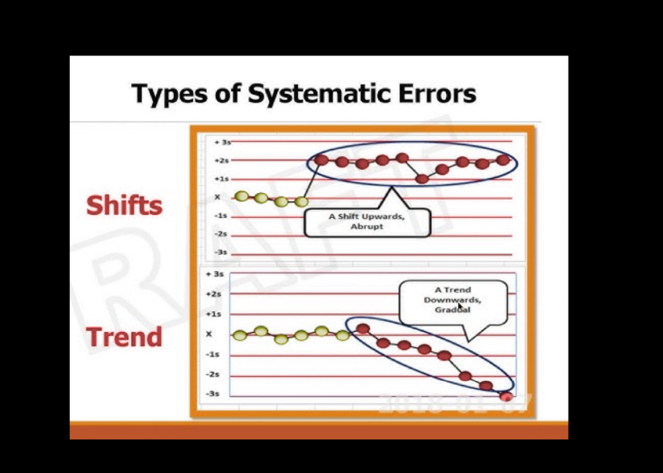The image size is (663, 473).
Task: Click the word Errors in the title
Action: (436, 94)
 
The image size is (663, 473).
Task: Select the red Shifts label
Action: (124, 205)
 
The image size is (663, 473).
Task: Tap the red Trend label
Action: (124, 337)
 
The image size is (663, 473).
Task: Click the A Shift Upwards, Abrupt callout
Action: (368, 221)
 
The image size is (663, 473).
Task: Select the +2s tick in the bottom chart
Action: (214, 294)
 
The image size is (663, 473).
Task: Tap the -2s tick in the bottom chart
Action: (214, 374)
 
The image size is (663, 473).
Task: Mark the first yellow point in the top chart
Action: (241, 196)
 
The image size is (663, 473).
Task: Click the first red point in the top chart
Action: (321, 160)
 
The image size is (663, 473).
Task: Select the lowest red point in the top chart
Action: (423, 178)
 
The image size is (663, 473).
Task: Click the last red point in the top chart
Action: (503, 160)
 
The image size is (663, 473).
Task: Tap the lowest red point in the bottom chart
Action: (505, 394)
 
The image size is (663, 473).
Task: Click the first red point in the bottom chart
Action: (363, 328)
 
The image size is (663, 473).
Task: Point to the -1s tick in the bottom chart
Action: (214, 354)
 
